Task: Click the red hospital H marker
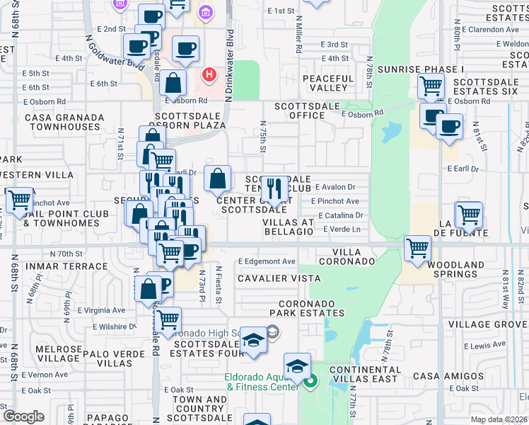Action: coord(209,74)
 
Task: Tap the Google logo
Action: coord(23,416)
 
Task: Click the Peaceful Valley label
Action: coord(327,83)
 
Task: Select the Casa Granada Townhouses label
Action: coord(62,122)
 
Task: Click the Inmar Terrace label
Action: coord(56,266)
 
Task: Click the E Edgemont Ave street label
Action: coord(267,261)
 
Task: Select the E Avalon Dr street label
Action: coord(335,187)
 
